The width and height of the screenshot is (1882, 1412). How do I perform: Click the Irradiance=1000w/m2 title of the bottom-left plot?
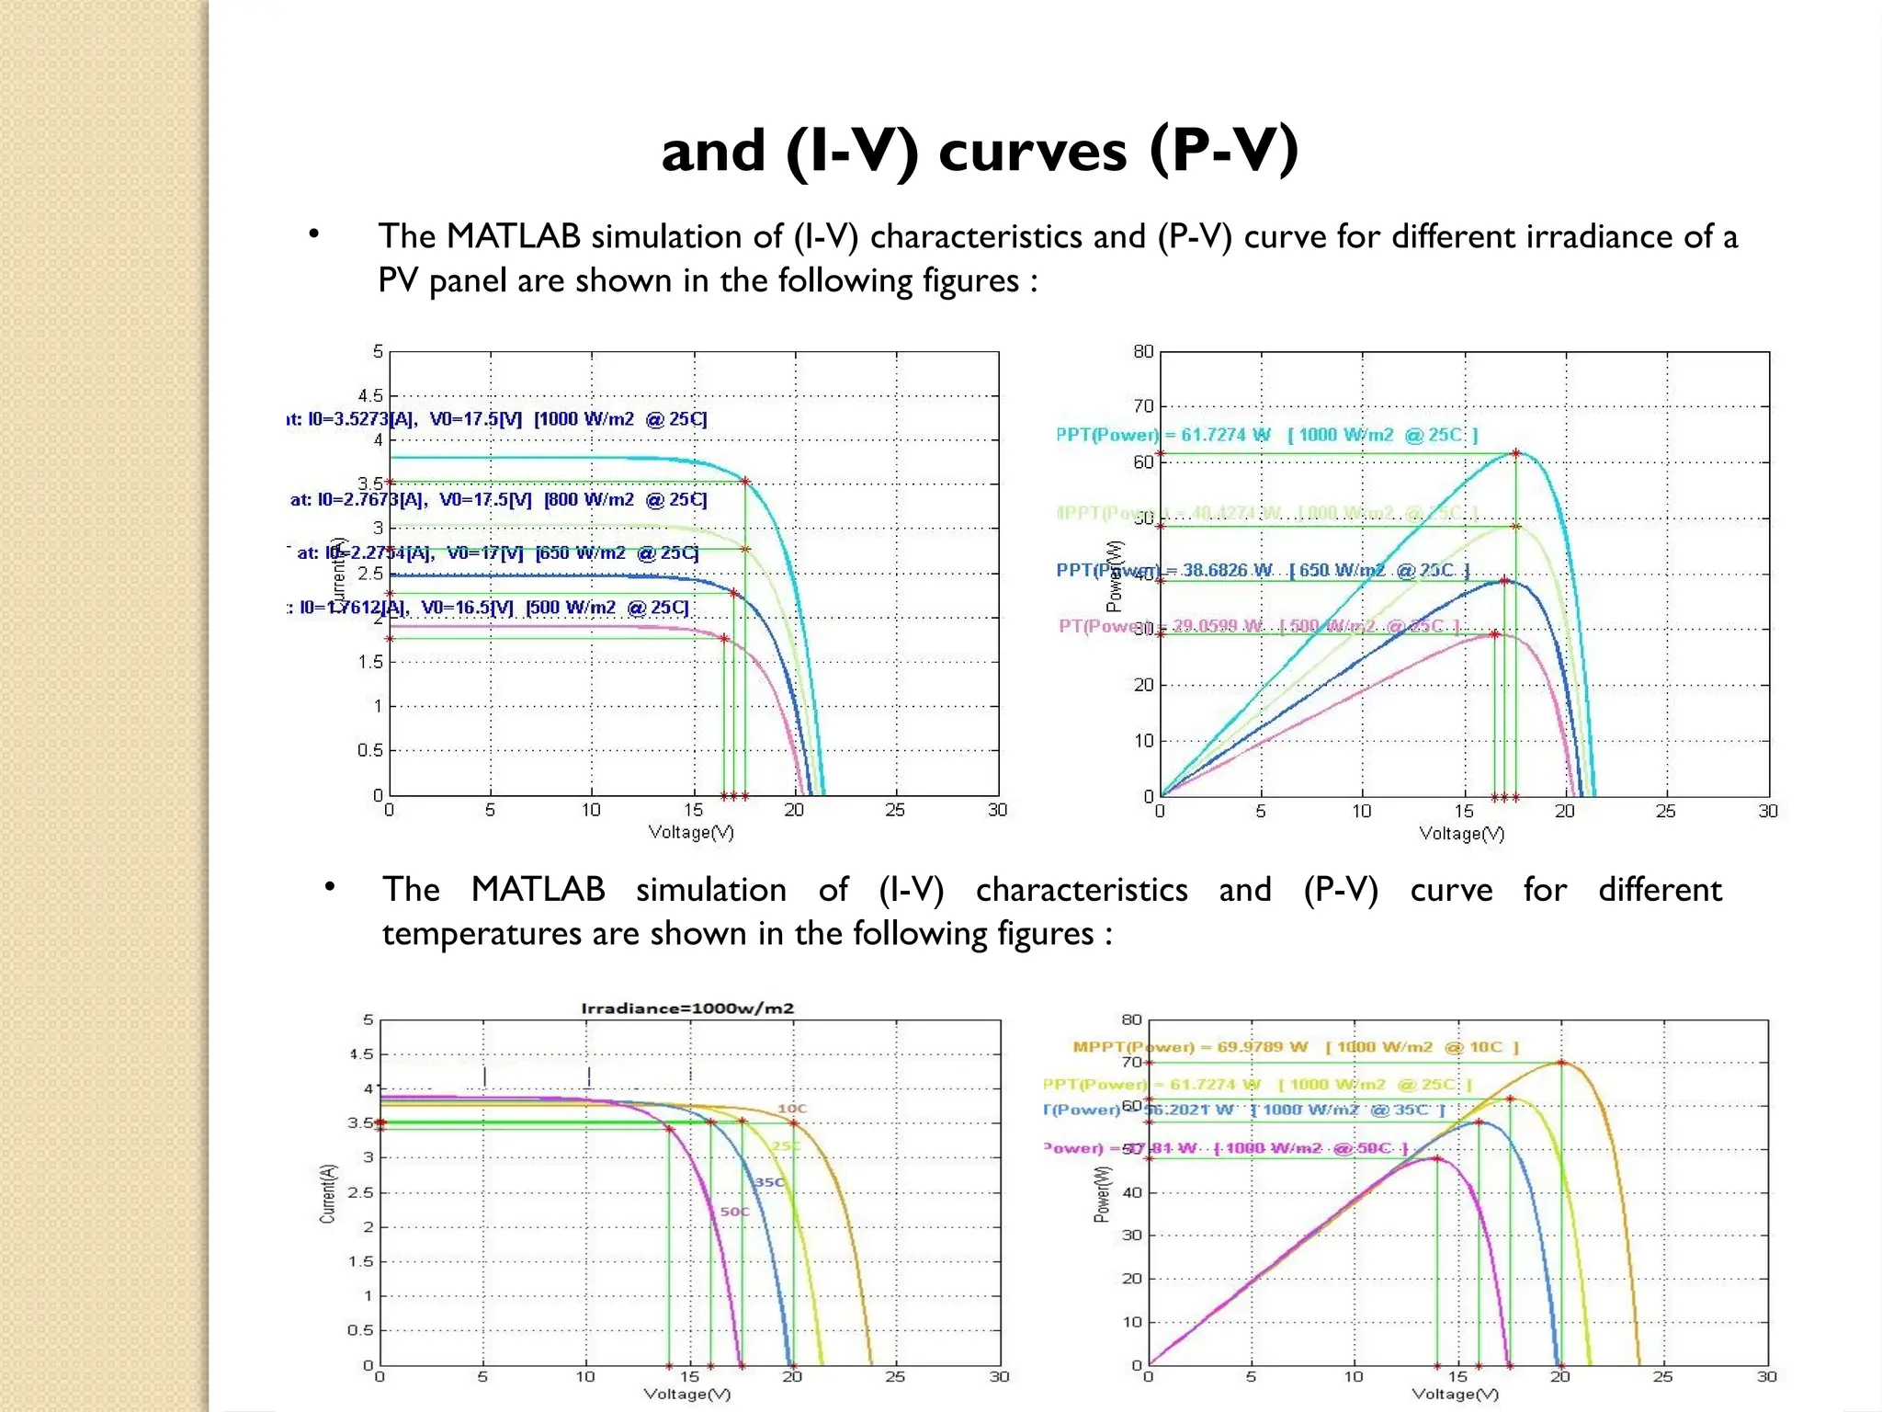pyautogui.click(x=687, y=1008)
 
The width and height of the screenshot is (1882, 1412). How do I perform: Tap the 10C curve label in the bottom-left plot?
pyautogui.click(x=792, y=1109)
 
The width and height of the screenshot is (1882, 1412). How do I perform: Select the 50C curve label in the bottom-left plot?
pyautogui.click(x=734, y=1212)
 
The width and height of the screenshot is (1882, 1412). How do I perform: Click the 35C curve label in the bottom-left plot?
pyautogui.click(x=769, y=1182)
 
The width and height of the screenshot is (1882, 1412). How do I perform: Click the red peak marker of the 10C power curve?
pyautogui.click(x=1560, y=1063)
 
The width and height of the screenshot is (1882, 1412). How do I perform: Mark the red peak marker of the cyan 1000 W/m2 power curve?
pyautogui.click(x=1515, y=453)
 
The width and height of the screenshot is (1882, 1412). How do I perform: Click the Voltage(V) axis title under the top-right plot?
pyautogui.click(x=1461, y=834)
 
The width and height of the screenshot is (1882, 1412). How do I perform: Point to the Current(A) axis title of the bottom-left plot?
pyautogui.click(x=327, y=1193)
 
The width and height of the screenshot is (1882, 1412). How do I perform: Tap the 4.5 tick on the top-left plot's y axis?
pyautogui.click(x=370, y=396)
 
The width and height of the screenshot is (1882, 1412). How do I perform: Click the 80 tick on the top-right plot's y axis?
pyautogui.click(x=1142, y=352)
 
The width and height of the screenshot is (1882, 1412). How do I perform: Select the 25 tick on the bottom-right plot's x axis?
pyautogui.click(x=1662, y=1377)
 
